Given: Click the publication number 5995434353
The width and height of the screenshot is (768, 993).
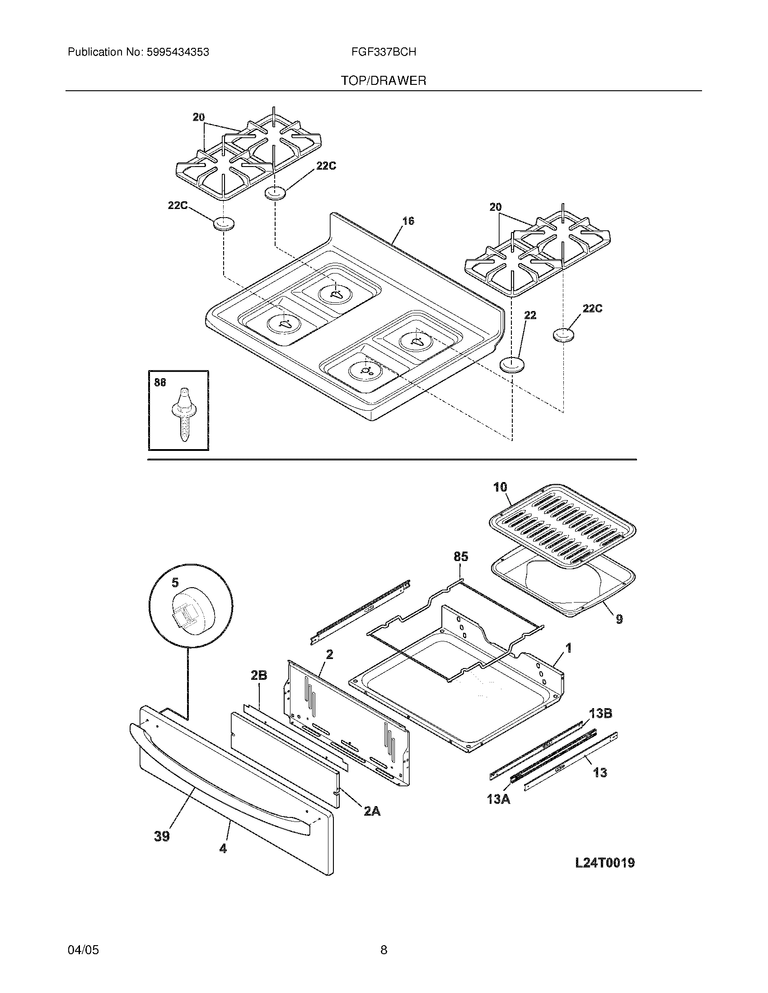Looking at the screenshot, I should coord(178,52).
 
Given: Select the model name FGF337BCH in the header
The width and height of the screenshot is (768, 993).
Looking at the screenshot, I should coord(383,52).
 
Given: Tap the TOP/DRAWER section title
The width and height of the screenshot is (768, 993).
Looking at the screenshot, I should coord(384,81).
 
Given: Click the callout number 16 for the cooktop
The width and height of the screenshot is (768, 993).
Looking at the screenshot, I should coord(408,221).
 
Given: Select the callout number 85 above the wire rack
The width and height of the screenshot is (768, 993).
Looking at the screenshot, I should coord(460,557).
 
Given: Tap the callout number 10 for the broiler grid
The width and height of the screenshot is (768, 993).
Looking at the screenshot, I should coord(500,487).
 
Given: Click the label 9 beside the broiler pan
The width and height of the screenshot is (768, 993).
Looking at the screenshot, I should coord(619,619).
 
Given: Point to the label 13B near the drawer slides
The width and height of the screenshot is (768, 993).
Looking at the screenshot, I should coord(600,713).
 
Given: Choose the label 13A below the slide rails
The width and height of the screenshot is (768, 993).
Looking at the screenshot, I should coord(499,798).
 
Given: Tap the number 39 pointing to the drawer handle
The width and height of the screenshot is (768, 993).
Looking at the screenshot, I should coord(162,835).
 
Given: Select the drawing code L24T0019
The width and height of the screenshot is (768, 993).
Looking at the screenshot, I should coord(604,863).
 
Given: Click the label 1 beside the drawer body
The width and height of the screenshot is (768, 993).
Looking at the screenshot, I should coord(568,649).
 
